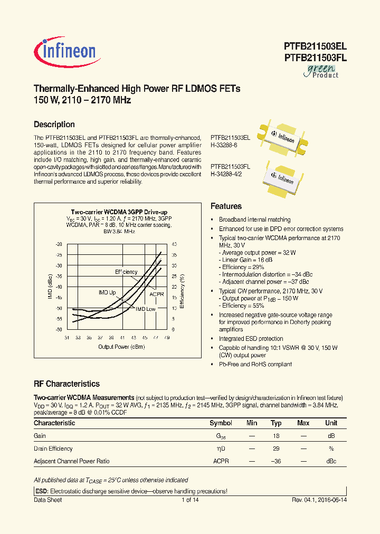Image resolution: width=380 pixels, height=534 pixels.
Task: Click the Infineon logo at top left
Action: [65, 51]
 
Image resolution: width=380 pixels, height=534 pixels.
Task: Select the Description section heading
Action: [54, 125]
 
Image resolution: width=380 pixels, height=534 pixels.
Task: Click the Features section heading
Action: [226, 206]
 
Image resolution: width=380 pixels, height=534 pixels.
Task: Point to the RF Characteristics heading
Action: [66, 384]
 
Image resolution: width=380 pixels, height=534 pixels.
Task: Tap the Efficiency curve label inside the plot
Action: [126, 272]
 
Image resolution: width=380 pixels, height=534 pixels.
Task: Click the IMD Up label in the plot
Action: [107, 292]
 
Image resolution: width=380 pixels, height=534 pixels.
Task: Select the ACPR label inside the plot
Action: [157, 294]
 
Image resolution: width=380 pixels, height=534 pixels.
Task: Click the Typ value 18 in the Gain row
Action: [276, 436]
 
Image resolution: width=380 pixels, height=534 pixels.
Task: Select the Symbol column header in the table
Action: [221, 423]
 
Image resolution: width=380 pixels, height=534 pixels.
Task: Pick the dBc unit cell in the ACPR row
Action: [331, 461]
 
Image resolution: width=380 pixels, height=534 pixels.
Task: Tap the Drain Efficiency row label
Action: [53, 449]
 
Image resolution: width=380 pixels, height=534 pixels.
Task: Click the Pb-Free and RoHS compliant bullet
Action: [255, 364]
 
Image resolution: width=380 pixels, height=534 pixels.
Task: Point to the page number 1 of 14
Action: [190, 500]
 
